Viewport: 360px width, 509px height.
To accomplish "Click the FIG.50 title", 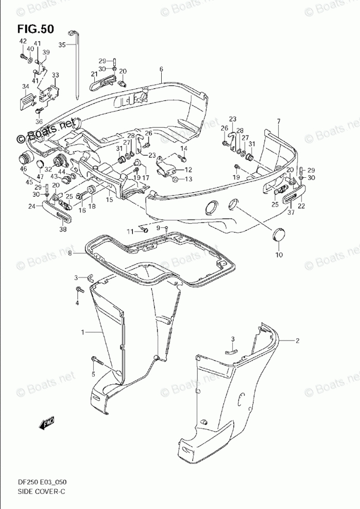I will click(x=35, y=29).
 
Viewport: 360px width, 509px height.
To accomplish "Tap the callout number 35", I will click(x=62, y=45).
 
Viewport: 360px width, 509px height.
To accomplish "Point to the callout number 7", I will click(x=264, y=121).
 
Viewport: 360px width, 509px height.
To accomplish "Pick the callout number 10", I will click(x=279, y=254).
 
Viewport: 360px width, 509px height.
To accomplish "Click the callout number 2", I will click(x=297, y=341).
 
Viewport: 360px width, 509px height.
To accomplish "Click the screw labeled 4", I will click(x=80, y=291).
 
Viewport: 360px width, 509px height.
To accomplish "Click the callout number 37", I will click(x=291, y=212).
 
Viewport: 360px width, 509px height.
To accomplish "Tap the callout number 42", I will click(x=23, y=41).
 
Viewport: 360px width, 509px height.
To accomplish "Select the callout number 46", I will click(x=23, y=169).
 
